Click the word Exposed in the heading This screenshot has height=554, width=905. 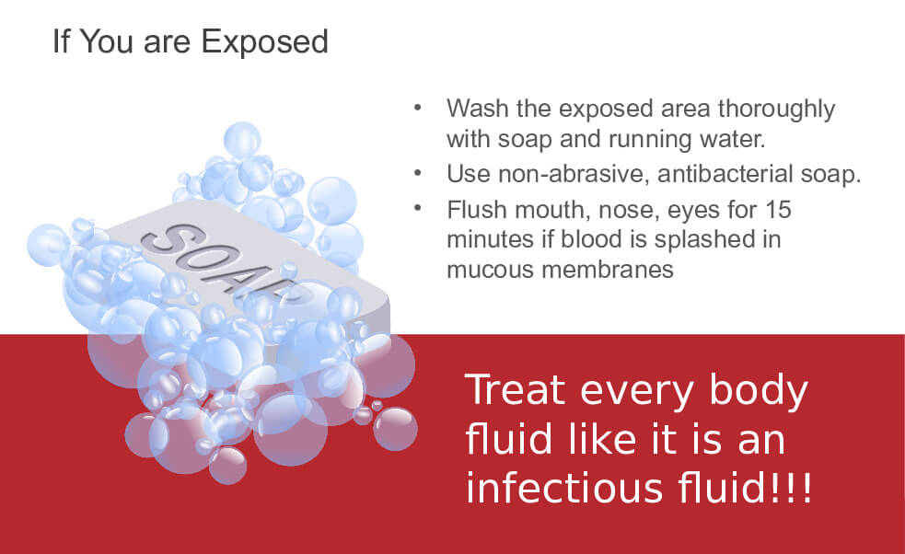coord(264,42)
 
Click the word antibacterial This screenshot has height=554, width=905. coord(725,173)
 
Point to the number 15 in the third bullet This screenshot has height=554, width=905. coord(778,210)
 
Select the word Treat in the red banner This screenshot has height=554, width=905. coord(516,389)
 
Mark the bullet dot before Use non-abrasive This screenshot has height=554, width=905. coord(418,172)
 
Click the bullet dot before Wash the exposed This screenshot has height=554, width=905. coord(418,108)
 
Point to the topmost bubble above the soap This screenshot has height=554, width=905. coord(242,140)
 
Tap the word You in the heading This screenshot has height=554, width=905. coord(106,42)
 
